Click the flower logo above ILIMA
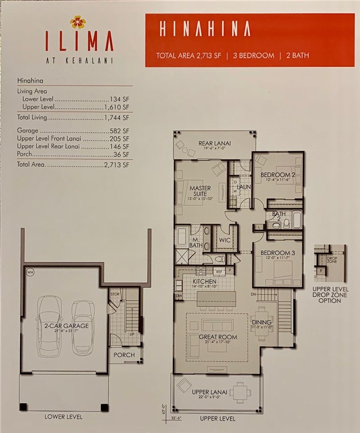pos(77,22)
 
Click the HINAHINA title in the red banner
pos(204,29)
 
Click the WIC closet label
pos(225,240)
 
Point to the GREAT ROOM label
pos(218,337)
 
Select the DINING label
pos(262,322)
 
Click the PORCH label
pos(124,355)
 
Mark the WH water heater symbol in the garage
pos(30,272)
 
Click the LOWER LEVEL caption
pos(63,416)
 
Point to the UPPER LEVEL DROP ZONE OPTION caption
pos(330,294)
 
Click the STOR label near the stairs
pos(115,294)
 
